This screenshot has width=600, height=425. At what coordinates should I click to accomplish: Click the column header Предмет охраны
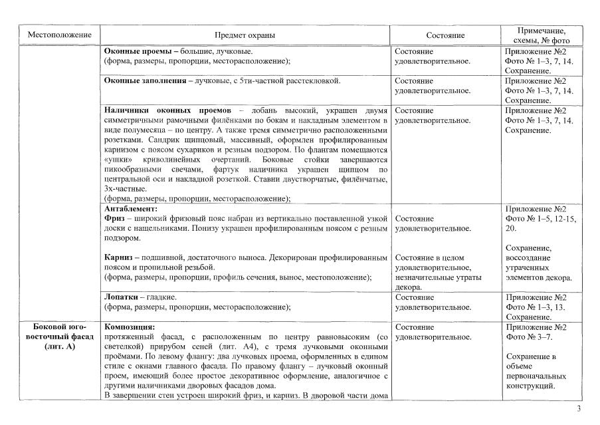point(244,35)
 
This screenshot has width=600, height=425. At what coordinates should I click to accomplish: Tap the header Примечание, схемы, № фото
point(542,35)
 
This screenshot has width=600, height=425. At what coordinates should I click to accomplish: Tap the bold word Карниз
point(119,257)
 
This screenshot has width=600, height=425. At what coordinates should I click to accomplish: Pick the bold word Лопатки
point(120,297)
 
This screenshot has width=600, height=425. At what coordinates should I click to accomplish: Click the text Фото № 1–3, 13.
point(536,307)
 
